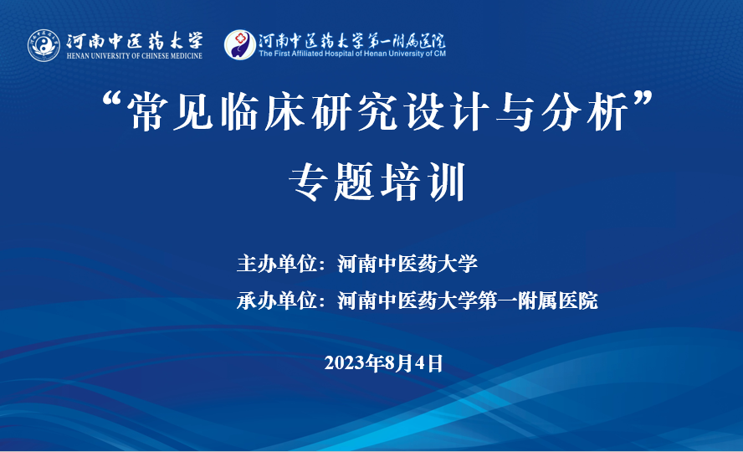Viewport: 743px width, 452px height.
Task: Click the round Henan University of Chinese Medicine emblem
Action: [x=44, y=45]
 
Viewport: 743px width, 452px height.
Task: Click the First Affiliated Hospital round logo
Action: [x=240, y=45]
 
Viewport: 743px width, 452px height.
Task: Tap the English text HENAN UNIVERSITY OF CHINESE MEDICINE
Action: [x=135, y=56]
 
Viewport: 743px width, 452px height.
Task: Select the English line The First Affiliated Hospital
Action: [x=352, y=54]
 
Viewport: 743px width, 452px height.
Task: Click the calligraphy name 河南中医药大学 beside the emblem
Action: [x=135, y=41]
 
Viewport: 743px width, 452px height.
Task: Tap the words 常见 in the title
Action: [x=171, y=112]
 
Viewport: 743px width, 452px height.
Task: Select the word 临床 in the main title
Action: [x=263, y=112]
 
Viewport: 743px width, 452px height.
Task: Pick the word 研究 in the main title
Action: [x=355, y=112]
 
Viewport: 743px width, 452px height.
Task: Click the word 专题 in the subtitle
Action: [x=331, y=182]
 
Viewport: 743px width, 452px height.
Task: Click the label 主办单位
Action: [x=277, y=264]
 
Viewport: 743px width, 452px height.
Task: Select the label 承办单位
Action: [x=277, y=300]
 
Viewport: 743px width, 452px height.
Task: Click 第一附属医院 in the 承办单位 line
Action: [x=538, y=300]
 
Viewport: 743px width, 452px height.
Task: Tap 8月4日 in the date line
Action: [x=413, y=363]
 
